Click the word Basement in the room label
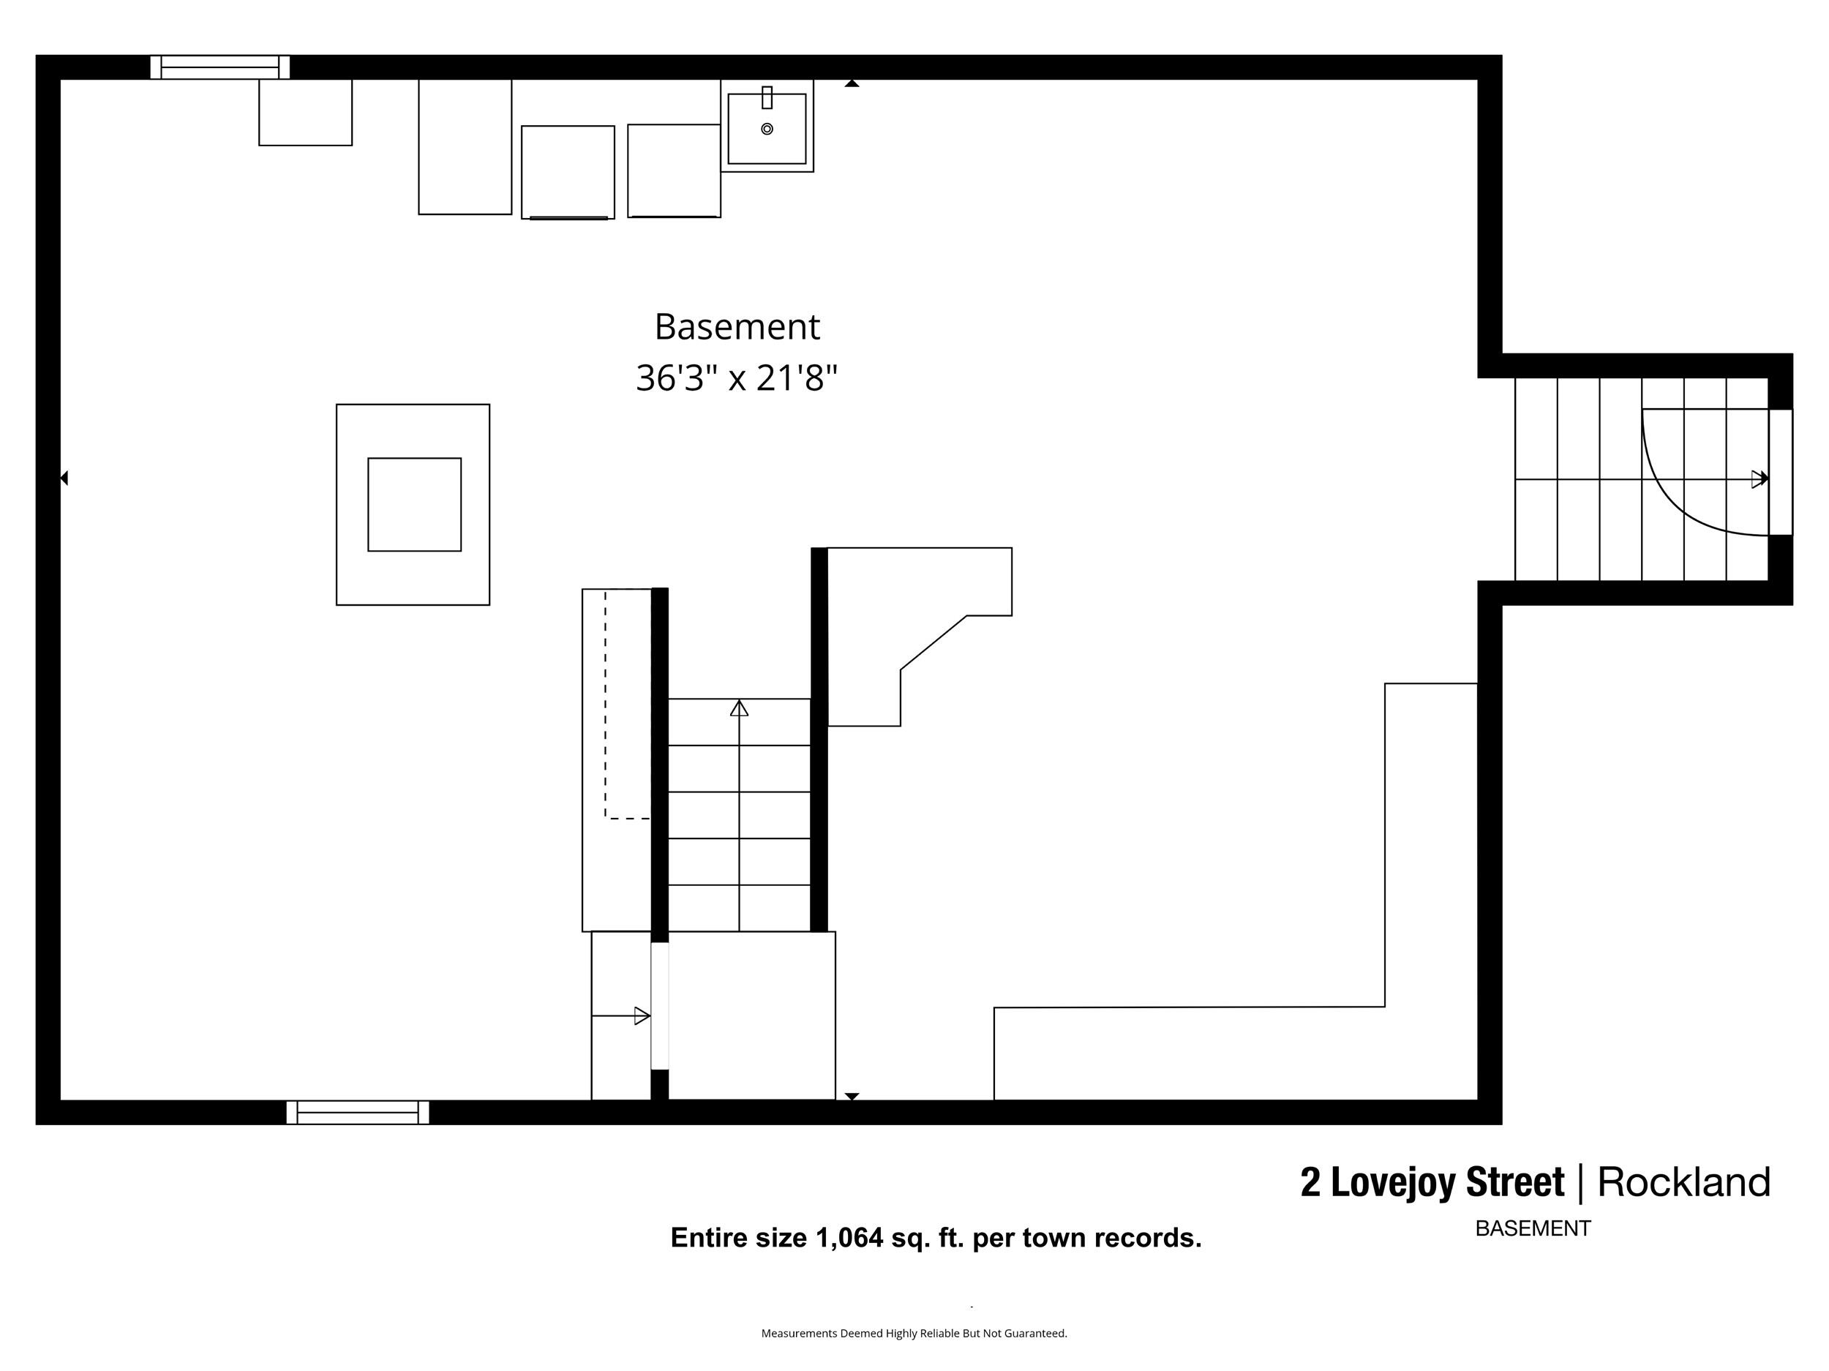point(736,326)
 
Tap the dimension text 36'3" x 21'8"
point(736,378)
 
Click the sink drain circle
point(767,129)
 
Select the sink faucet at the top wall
point(767,97)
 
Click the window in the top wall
point(220,67)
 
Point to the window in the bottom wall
point(357,1112)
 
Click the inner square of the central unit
point(414,504)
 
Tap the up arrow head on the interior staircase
point(739,708)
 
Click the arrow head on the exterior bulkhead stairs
point(1759,478)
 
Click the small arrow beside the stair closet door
point(641,1015)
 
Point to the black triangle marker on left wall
point(64,478)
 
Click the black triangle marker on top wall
point(852,83)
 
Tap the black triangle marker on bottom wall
point(852,1096)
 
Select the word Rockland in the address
point(1683,1182)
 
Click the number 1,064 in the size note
point(849,1238)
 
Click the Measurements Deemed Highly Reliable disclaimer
point(914,1333)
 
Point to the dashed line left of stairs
point(605,703)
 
